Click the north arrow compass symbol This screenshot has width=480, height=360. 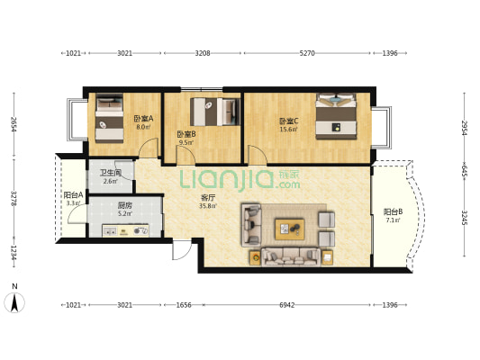click(14, 302)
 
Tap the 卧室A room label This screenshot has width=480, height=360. click(143, 119)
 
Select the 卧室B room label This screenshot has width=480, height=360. click(186, 134)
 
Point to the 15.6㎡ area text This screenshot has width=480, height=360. click(289, 130)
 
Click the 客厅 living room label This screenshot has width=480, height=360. click(207, 198)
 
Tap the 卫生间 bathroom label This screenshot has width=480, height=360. click(111, 173)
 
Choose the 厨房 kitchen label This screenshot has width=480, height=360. click(125, 205)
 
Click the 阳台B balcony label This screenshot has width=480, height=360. click(393, 211)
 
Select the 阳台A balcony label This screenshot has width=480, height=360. click(74, 194)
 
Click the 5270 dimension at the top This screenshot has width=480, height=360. click(307, 53)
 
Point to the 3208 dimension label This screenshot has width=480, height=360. click(203, 53)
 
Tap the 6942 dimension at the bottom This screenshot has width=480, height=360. click(287, 305)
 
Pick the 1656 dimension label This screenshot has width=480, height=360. click(184, 305)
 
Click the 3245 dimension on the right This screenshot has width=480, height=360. click(465, 218)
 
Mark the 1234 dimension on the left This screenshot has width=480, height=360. click(14, 253)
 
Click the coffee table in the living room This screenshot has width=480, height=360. click(290, 229)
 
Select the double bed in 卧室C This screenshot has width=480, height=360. click(336, 116)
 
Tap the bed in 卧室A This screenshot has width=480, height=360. click(109, 118)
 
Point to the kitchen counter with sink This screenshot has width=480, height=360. click(125, 231)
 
